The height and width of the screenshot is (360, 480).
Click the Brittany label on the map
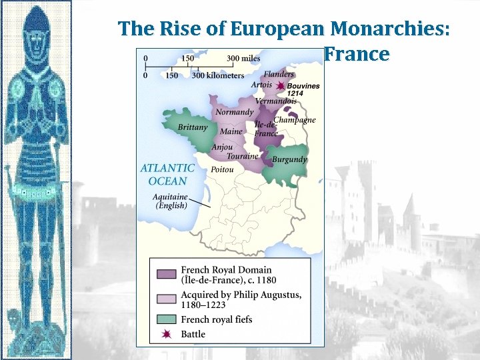pos(193,127)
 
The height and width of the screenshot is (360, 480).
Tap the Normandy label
pos(234,112)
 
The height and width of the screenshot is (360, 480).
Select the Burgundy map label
pos(289,160)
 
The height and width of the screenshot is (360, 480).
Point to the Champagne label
pos(295,120)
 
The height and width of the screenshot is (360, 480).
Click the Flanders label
pos(279,74)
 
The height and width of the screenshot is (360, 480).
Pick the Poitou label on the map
pos(222,170)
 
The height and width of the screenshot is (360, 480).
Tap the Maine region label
pos(231,131)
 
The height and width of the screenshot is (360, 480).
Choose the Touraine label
pos(242,157)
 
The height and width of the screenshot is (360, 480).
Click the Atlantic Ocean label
pos(167,175)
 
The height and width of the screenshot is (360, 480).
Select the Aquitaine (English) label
pos(170,201)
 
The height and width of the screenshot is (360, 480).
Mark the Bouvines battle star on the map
pos(281,86)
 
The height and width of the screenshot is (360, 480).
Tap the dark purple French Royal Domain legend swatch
pos(166,273)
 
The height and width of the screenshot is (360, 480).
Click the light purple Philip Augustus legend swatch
pos(166,299)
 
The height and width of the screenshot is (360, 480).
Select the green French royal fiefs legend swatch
pos(166,319)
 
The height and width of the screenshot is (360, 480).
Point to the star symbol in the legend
pos(166,333)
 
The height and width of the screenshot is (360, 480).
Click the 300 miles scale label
pos(243,59)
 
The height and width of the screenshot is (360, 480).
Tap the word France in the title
pos(357,53)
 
